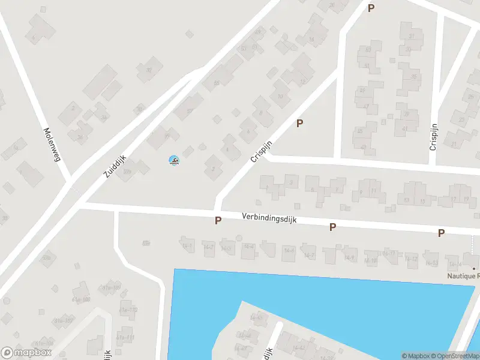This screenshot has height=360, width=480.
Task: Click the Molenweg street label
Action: click(x=53, y=144)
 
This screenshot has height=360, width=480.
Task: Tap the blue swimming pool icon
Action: click(x=174, y=160)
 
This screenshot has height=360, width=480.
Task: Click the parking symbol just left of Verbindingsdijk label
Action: click(x=218, y=221)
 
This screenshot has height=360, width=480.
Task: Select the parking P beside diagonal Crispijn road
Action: click(x=299, y=124)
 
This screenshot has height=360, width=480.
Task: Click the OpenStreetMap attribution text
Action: click(x=458, y=356)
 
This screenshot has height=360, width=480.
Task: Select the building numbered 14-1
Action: click(x=187, y=245)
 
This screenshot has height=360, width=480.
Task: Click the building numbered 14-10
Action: click(x=371, y=260)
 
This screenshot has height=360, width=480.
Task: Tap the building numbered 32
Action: click(x=149, y=70)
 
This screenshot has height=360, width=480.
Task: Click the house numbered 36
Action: click(x=80, y=137)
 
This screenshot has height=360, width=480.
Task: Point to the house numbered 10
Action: click(x=280, y=97)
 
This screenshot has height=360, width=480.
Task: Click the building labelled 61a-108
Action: click(x=43, y=343)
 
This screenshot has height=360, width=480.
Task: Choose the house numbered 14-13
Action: click(x=431, y=263)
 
